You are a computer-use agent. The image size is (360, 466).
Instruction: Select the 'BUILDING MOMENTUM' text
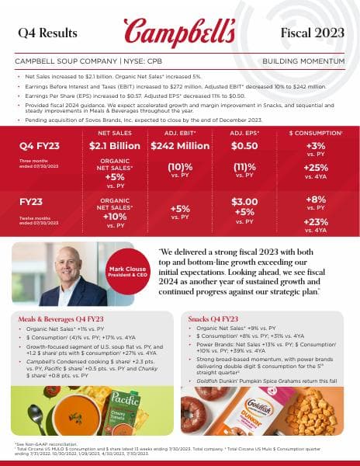tap(304, 60)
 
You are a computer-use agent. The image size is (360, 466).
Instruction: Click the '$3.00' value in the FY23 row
tap(244, 202)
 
